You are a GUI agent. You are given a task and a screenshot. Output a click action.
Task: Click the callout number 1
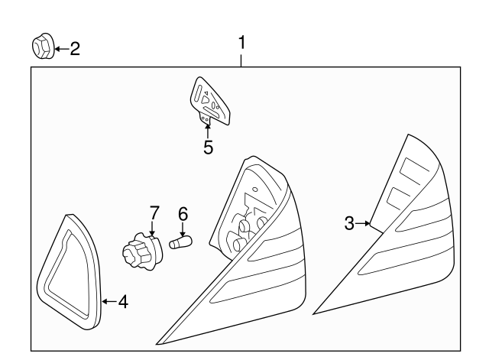(x=241, y=43)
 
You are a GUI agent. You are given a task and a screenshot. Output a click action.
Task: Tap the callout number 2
(x=74, y=50)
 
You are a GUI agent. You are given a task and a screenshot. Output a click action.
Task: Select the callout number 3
(x=349, y=223)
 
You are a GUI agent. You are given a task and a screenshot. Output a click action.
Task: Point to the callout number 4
(x=122, y=301)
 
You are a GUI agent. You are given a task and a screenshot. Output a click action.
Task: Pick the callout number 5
(x=208, y=147)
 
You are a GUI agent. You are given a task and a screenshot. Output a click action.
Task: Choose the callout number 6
(x=183, y=215)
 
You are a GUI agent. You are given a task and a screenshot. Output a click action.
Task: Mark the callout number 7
(x=154, y=212)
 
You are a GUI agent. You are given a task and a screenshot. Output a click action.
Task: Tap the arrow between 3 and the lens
(x=364, y=223)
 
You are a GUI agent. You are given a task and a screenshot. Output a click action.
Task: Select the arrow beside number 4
(x=108, y=301)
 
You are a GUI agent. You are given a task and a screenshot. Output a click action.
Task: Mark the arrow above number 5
(x=208, y=129)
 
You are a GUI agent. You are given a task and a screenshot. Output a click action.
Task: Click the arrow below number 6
(x=183, y=230)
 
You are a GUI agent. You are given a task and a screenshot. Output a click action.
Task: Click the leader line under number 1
(x=241, y=60)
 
